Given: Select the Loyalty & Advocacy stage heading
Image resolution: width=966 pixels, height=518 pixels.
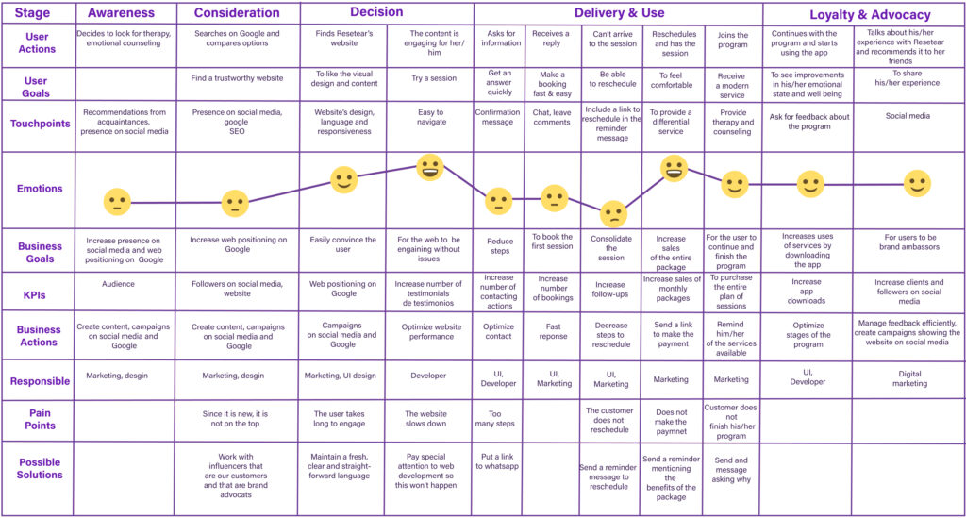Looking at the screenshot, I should (870, 15).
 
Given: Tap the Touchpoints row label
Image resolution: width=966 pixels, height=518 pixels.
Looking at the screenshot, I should (41, 124).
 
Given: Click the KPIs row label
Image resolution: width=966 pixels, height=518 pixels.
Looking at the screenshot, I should (40, 293).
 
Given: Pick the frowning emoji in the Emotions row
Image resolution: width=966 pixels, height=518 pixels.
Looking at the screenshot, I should (613, 214).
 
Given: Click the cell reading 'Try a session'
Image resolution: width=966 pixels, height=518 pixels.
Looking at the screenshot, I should (430, 78).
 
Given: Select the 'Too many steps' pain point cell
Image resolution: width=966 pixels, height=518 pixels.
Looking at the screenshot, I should (499, 420).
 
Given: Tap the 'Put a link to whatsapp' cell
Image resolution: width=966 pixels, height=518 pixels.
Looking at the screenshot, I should (499, 462).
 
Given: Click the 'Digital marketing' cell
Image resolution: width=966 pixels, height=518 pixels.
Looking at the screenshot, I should (909, 379).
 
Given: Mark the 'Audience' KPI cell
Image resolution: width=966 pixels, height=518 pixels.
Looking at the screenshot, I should (118, 283).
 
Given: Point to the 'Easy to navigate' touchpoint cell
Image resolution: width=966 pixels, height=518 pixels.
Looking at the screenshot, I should (430, 117).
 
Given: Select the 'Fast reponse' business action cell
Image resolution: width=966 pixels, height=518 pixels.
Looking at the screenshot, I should (554, 329).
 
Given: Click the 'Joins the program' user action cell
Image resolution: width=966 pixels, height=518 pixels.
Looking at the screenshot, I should (731, 40).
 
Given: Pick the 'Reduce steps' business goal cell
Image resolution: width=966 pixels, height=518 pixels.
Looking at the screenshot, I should (499, 246).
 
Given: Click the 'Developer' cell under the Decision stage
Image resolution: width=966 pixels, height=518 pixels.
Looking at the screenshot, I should (428, 376).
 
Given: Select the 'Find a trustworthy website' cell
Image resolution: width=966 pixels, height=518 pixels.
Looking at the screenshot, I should (239, 78).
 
